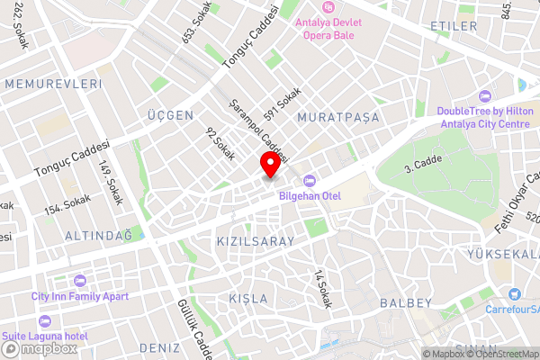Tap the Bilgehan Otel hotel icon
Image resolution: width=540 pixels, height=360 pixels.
(x=309, y=180)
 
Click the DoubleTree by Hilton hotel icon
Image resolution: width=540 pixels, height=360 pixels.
(x=485, y=96)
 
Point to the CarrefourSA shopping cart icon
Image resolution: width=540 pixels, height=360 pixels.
(x=514, y=293)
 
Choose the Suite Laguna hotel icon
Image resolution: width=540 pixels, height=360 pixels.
(x=45, y=320)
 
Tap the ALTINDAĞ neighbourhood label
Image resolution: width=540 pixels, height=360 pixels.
(x=99, y=235)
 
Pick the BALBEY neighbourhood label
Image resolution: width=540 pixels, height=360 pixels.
(x=407, y=302)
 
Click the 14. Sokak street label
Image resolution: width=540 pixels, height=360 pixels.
(x=323, y=290)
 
